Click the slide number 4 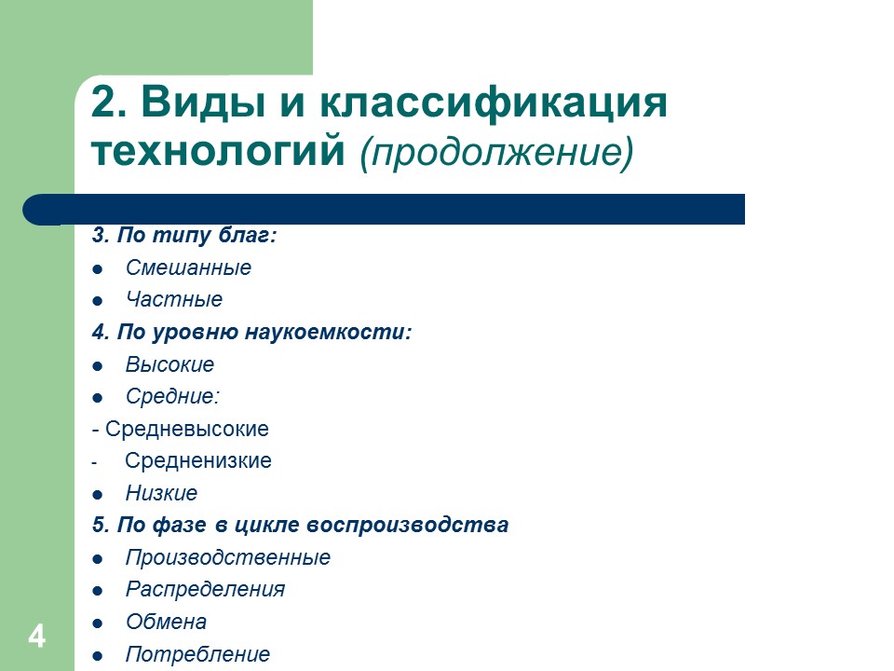coord(37,637)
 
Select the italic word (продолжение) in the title coord(496,151)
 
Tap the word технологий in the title coord(221,151)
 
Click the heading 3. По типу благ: coord(184,236)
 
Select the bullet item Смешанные coord(188,268)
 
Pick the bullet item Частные coord(174,300)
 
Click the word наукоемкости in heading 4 coord(328,333)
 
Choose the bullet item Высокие coord(169,364)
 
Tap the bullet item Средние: coord(172,397)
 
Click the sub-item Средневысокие coord(186,430)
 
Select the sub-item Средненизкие coord(197,461)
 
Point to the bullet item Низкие coord(161,494)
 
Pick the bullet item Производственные coord(227,558)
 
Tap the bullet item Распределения coord(205,590)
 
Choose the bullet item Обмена coord(166,623)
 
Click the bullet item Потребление coord(197,654)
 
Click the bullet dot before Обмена coord(97,623)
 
